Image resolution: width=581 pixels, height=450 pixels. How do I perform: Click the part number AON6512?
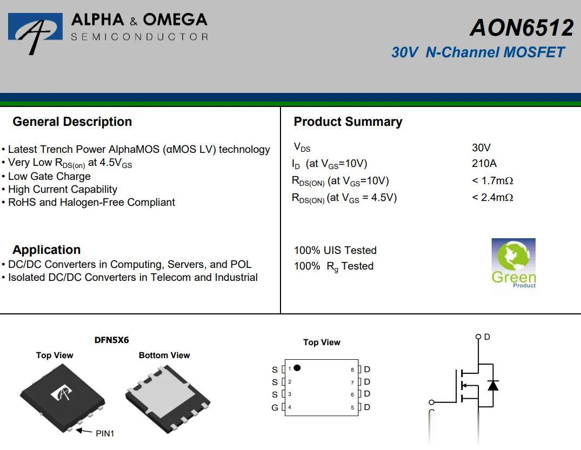(x=521, y=28)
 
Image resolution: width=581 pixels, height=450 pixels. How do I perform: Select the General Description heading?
(x=72, y=122)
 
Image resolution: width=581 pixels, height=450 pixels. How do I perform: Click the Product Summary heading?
(x=348, y=122)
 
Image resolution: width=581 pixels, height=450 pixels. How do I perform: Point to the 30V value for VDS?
(x=481, y=147)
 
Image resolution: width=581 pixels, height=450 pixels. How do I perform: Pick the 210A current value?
(x=484, y=163)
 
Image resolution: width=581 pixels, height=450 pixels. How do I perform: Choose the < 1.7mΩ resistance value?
(x=492, y=180)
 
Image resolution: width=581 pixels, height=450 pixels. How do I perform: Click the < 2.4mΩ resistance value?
(x=492, y=197)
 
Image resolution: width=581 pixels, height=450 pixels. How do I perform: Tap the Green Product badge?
(x=513, y=263)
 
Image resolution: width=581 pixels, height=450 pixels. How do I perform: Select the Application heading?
(x=46, y=250)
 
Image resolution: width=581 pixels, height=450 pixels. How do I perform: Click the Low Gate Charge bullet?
(x=49, y=176)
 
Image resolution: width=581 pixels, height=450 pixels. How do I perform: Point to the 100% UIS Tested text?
(x=335, y=250)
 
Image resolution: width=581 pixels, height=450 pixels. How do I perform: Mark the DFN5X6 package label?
(x=111, y=340)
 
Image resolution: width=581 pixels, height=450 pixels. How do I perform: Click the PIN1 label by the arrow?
(x=105, y=433)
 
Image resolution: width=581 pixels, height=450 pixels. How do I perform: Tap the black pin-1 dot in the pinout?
(x=297, y=368)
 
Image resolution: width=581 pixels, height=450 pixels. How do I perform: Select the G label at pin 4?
(x=275, y=407)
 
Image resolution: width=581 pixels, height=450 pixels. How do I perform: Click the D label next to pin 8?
(x=368, y=370)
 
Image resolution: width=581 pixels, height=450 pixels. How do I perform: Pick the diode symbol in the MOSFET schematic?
(x=493, y=385)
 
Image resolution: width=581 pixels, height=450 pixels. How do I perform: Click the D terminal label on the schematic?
(x=487, y=337)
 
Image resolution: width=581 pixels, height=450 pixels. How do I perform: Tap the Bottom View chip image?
(x=167, y=398)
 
